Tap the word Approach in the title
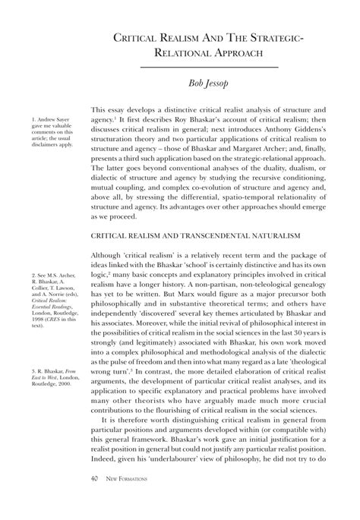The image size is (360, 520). pyautogui.click(x=236, y=53)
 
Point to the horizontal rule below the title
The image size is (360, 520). pyautogui.click(x=211, y=68)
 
